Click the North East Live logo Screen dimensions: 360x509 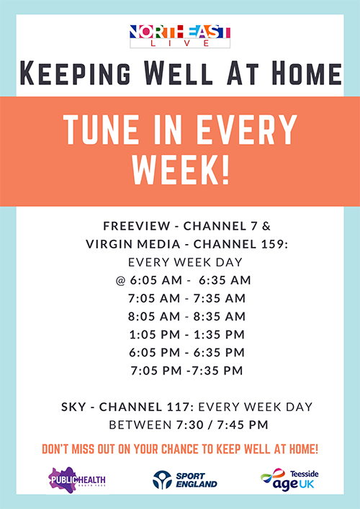(180, 36)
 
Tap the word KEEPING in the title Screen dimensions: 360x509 (76, 73)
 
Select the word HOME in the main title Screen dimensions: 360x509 (305, 73)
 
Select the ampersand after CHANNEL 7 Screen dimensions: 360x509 (266, 226)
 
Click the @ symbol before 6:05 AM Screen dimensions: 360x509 (120, 281)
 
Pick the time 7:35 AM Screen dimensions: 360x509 (220, 298)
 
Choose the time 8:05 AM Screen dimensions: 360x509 (154, 317)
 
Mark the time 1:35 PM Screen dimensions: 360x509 (219, 335)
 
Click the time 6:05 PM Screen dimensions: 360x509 (154, 353)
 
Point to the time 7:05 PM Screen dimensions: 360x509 (156, 371)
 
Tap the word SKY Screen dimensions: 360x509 (73, 407)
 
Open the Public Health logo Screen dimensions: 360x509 (76, 480)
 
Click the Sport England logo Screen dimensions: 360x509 (185, 480)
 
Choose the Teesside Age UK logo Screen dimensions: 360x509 (289, 479)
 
